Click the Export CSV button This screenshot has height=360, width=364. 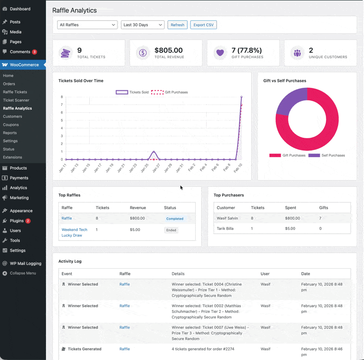[x=203, y=25]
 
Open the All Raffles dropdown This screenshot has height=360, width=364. [x=87, y=25]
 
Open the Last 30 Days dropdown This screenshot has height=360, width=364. [x=142, y=25]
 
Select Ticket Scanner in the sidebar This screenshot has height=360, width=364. [x=16, y=100]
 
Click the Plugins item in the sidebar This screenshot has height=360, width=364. [x=17, y=221]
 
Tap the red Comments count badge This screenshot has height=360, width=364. [x=35, y=52]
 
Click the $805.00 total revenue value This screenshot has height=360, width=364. [x=168, y=50]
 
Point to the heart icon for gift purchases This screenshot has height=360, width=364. [x=220, y=53]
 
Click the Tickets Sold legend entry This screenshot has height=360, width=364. [x=133, y=92]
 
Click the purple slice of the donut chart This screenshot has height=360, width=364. [x=291, y=100]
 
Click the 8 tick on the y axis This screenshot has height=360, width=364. [x=61, y=97]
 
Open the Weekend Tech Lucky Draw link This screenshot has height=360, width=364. [x=74, y=233]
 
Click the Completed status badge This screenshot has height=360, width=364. [x=175, y=219]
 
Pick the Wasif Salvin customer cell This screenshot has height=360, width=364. [x=227, y=219]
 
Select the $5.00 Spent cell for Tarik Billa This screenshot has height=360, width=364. [x=290, y=229]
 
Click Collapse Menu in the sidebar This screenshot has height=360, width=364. [x=23, y=273]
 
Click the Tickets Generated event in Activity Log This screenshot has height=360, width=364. [x=84, y=349]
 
